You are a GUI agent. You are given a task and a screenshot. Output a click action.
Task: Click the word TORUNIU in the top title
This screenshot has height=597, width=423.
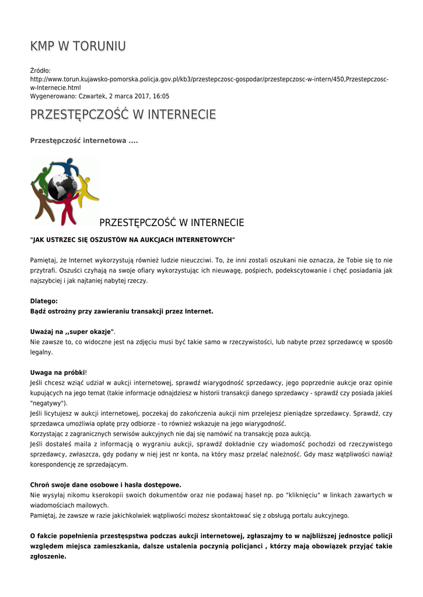[x=99, y=46]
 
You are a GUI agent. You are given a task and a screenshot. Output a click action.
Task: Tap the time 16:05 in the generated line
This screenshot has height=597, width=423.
[x=162, y=96]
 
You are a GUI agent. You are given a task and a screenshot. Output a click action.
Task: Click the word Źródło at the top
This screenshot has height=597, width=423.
[x=40, y=70]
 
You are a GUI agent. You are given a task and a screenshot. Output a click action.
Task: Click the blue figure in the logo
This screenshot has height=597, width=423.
[x=65, y=166]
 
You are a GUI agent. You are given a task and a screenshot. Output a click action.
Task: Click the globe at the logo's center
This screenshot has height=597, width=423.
[x=62, y=188]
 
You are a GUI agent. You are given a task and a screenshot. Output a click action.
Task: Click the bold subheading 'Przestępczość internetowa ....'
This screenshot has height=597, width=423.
[x=84, y=141]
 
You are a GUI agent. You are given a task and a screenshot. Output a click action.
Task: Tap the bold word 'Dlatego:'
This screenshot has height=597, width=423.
[x=44, y=301]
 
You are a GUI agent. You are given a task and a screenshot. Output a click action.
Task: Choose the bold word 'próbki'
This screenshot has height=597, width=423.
[x=75, y=372]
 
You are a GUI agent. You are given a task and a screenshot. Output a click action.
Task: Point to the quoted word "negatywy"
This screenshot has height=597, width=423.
[x=48, y=403]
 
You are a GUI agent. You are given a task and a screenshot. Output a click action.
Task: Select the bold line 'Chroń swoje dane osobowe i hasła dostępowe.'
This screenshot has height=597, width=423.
[x=106, y=484]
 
